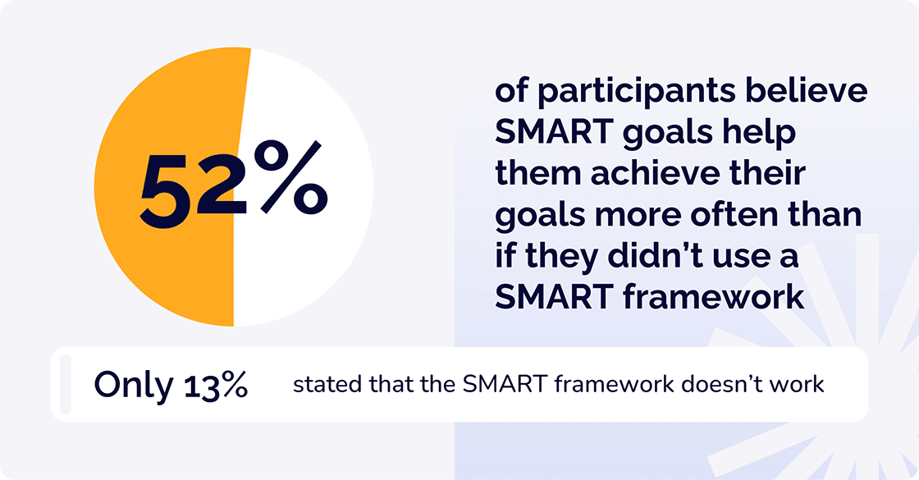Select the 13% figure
click(216, 385)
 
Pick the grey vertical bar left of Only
click(66, 384)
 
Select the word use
click(742, 257)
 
